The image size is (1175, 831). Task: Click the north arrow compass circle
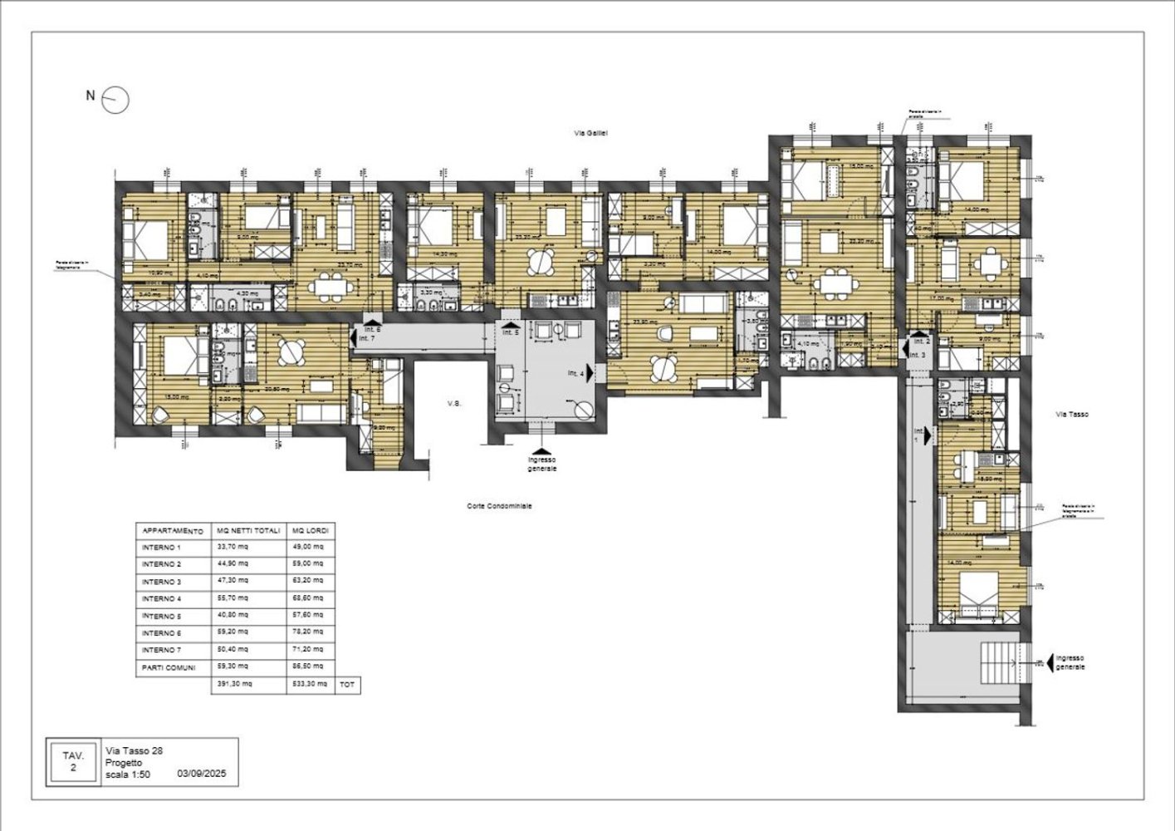pos(116,100)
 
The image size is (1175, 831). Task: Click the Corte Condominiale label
pos(499,505)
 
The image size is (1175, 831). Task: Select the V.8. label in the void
pos(454,404)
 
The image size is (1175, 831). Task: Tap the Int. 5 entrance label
pos(511,332)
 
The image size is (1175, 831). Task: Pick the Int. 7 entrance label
pos(367,338)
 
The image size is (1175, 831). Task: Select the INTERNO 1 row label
pos(161,548)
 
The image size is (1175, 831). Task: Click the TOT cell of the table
pos(347,685)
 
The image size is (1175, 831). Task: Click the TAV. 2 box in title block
pos(73,761)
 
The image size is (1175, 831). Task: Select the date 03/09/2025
pos(203,773)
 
